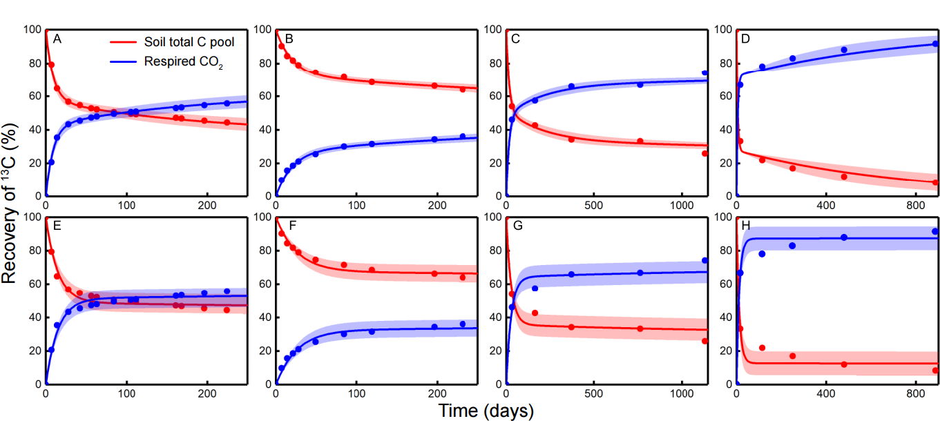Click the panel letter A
click(x=57, y=39)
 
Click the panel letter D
click(x=745, y=39)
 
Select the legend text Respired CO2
click(x=184, y=61)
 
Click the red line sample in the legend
click(x=124, y=42)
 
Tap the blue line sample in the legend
click(x=124, y=61)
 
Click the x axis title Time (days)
click(x=486, y=411)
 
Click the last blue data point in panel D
click(x=935, y=43)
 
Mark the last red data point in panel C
click(x=705, y=153)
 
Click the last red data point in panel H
click(x=935, y=371)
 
